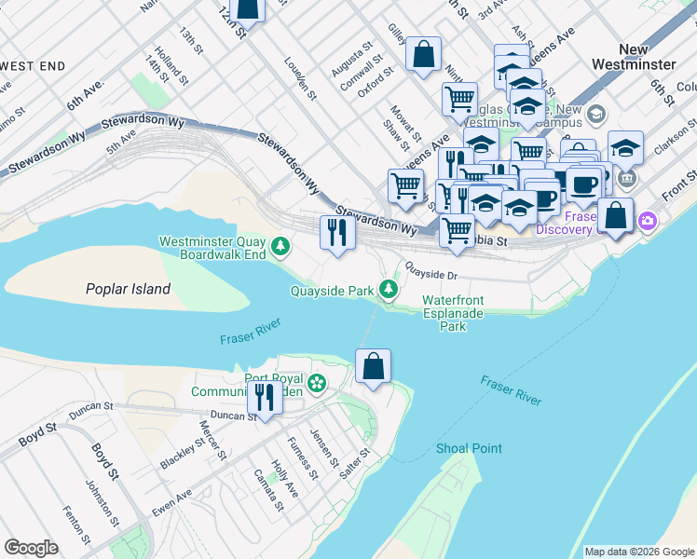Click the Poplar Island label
(x=128, y=289)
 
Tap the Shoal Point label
(x=469, y=448)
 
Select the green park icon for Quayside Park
(x=389, y=291)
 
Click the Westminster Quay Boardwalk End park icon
(x=280, y=247)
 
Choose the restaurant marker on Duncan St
(x=266, y=399)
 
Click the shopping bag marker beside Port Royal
(x=373, y=366)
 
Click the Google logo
(x=32, y=547)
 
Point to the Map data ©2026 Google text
(x=638, y=552)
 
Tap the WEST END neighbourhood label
(x=33, y=66)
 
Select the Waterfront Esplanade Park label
(x=453, y=313)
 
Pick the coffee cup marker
(x=584, y=183)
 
